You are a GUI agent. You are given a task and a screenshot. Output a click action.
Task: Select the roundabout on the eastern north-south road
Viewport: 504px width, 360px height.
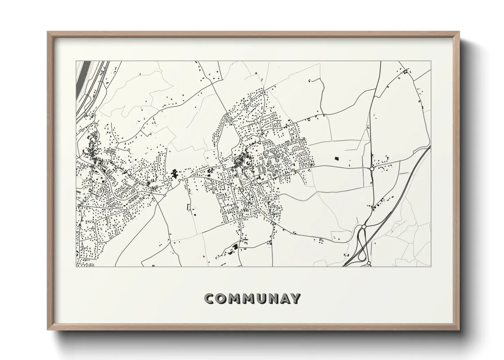point(372,168)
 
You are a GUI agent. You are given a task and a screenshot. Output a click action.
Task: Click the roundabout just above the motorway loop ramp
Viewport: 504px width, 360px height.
point(364,227)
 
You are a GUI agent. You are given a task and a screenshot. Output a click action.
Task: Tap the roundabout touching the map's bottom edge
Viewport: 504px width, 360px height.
point(369,263)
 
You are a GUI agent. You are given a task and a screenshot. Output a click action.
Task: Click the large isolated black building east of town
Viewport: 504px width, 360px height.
point(337,158)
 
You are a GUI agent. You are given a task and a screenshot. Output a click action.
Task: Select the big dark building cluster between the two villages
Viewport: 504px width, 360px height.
point(175,175)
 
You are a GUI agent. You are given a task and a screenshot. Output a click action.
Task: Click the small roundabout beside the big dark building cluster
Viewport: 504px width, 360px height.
point(179,180)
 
